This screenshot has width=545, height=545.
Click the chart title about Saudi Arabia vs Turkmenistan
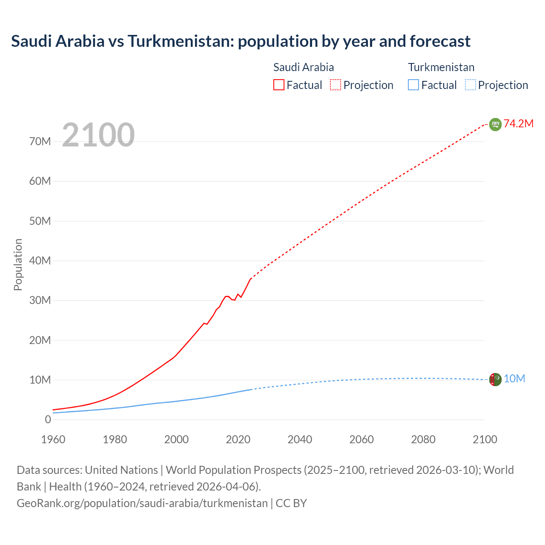(x=241, y=41)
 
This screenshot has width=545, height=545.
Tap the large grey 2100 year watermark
(x=98, y=135)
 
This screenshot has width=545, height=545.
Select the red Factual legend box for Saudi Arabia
(x=278, y=85)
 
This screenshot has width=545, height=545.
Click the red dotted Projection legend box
(x=336, y=85)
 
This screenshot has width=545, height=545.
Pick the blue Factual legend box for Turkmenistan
(x=413, y=85)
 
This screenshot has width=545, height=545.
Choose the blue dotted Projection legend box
(x=470, y=85)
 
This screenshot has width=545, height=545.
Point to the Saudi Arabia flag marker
(x=495, y=124)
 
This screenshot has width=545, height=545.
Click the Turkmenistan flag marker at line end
(x=495, y=379)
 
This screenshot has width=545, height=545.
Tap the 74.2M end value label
(x=519, y=124)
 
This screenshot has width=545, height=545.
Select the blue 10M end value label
(x=514, y=379)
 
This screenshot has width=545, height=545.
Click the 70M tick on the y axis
(x=40, y=141)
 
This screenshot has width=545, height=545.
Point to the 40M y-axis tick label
(x=40, y=261)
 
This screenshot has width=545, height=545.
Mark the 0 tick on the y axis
(x=48, y=419)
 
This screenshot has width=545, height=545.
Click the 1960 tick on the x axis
(x=53, y=439)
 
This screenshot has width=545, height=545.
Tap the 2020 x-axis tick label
(x=238, y=439)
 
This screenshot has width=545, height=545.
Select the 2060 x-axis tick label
(x=361, y=439)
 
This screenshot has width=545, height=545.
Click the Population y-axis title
(x=18, y=264)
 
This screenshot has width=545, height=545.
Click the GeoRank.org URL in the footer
(x=142, y=503)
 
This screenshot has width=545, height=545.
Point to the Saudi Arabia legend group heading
(x=303, y=67)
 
